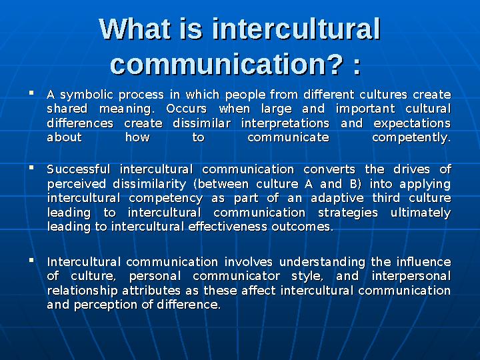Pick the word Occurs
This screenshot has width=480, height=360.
tap(187, 109)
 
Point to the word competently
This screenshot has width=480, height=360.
tap(411, 138)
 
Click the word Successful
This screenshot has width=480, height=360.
tap(79, 169)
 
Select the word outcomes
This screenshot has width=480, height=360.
tap(301, 227)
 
